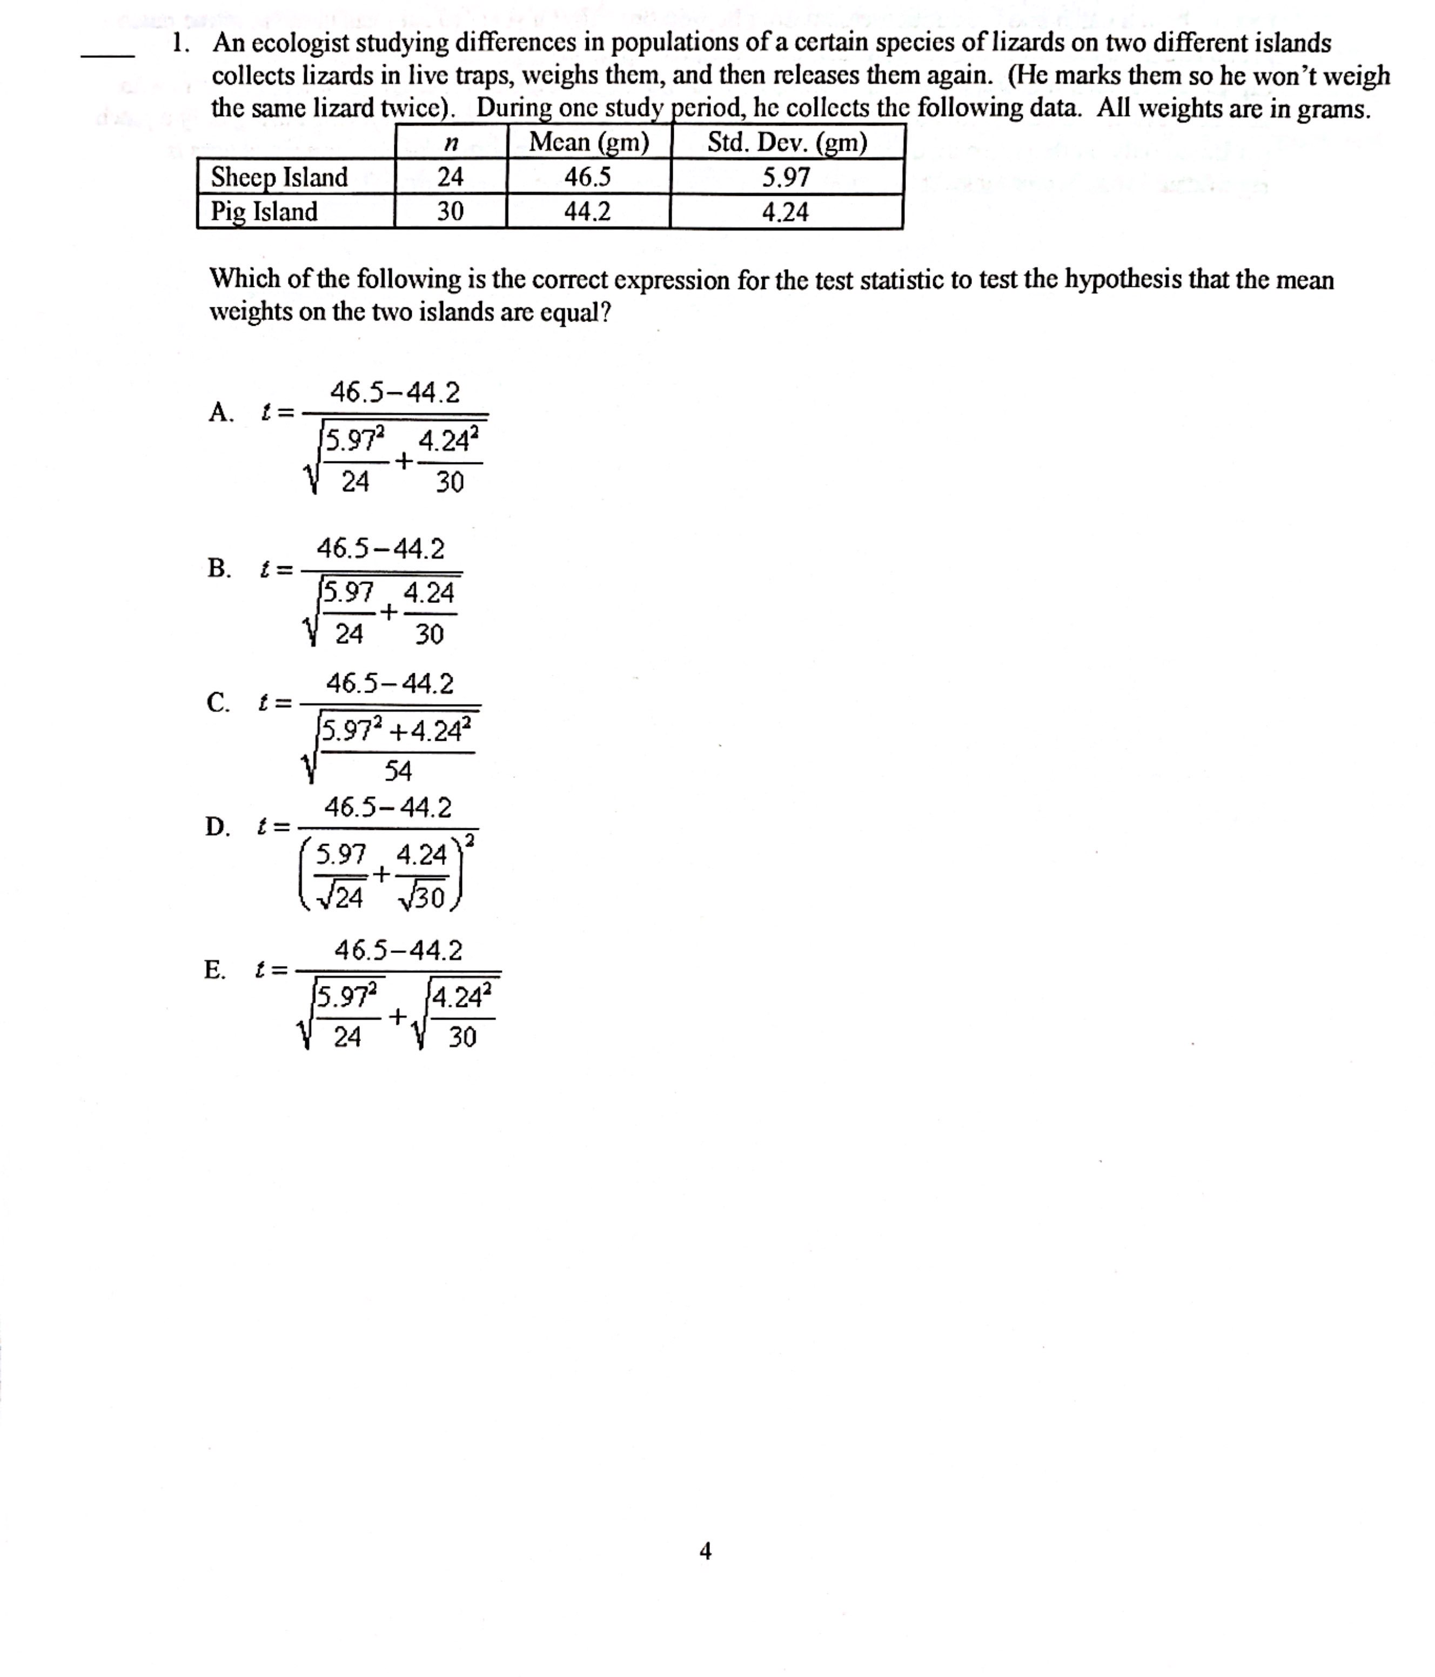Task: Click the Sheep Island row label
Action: pyautogui.click(x=279, y=177)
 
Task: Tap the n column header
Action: pyautogui.click(x=451, y=143)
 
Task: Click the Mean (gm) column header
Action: pyautogui.click(x=588, y=143)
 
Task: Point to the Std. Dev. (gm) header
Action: pyautogui.click(x=787, y=143)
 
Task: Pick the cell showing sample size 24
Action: pyautogui.click(x=450, y=177)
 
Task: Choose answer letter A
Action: pyautogui.click(x=219, y=412)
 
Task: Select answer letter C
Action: pyautogui.click(x=218, y=702)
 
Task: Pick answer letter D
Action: pyautogui.click(x=217, y=827)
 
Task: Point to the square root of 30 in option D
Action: pyautogui.click(x=423, y=897)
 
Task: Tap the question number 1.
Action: pyautogui.click(x=180, y=43)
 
